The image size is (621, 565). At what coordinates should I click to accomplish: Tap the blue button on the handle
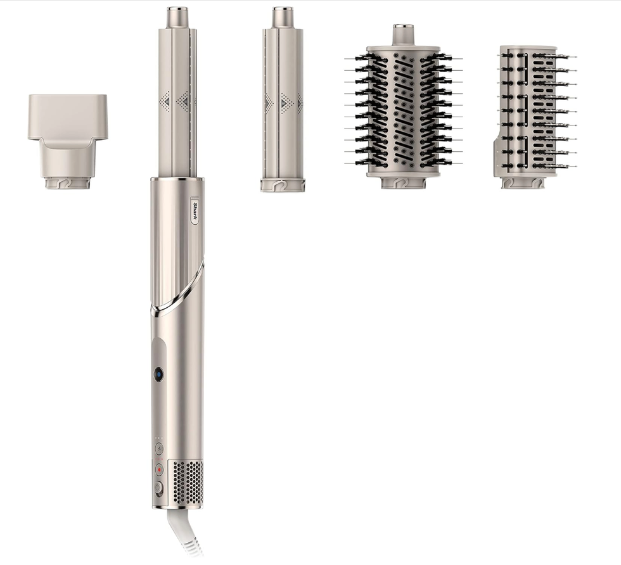(157, 374)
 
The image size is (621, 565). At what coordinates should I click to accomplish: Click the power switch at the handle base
(159, 488)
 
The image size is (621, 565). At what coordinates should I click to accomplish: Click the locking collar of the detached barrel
(283, 185)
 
